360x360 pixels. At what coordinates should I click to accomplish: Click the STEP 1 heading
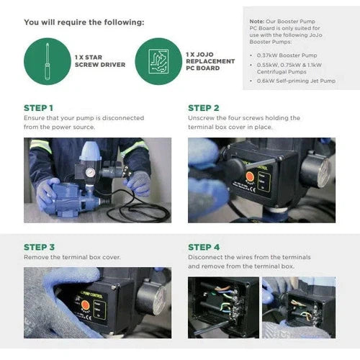tap(38, 108)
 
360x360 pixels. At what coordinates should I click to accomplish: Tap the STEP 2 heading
tap(204, 108)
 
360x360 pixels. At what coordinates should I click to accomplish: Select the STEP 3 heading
tap(39, 247)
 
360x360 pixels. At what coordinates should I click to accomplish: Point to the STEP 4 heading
tap(204, 247)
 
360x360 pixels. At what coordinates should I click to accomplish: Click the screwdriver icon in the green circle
tap(48, 61)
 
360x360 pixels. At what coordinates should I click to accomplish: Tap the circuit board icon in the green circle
tap(158, 61)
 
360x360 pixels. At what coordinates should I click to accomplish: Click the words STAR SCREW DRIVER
tap(100, 61)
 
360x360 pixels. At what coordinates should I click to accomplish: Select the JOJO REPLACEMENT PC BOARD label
tap(210, 61)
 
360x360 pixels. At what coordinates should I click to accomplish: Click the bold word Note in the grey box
tap(257, 22)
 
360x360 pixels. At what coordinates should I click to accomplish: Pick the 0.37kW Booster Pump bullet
tap(287, 55)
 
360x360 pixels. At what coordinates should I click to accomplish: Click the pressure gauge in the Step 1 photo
tap(90, 173)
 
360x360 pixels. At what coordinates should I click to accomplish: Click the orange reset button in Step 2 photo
tap(250, 177)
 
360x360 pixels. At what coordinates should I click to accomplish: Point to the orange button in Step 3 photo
tap(85, 305)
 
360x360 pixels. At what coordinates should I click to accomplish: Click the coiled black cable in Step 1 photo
tap(138, 209)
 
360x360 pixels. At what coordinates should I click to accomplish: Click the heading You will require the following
tap(84, 22)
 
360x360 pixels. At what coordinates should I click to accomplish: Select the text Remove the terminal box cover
tap(72, 257)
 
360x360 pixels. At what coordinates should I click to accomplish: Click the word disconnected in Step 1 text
tap(123, 118)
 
